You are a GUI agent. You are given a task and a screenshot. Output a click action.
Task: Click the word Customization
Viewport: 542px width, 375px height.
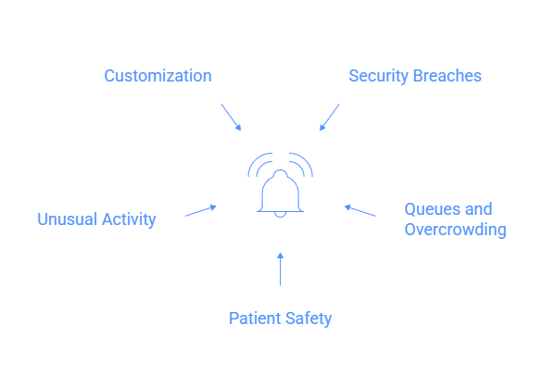[x=158, y=76]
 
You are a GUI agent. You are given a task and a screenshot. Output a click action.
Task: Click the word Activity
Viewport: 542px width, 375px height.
[x=128, y=219]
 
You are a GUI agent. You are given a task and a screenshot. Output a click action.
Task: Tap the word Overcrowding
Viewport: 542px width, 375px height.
[x=455, y=230]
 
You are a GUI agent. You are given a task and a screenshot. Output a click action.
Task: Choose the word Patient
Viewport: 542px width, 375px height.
[x=255, y=319]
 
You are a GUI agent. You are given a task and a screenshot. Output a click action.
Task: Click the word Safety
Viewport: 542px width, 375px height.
[x=309, y=319]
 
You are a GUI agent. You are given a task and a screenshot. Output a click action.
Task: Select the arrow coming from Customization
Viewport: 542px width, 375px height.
[x=231, y=117]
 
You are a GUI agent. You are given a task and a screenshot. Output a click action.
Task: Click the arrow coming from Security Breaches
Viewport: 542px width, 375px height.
[x=330, y=117]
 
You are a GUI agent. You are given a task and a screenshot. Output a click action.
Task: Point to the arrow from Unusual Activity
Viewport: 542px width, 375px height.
[x=200, y=211]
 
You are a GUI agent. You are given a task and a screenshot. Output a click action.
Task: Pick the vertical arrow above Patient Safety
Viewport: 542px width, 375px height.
[x=280, y=269]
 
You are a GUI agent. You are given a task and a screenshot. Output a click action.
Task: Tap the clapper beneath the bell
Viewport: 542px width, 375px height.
[x=280, y=216]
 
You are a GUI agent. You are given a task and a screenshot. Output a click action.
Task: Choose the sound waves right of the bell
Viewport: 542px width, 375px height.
[x=303, y=167]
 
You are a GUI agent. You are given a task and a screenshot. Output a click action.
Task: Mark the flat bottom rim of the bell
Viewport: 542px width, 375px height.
[x=280, y=210]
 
